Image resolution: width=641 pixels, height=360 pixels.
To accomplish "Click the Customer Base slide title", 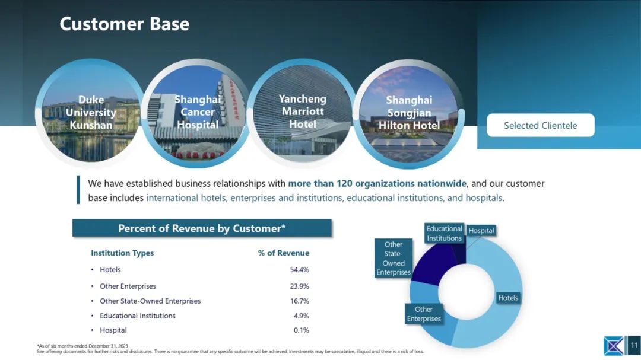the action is pos(124,24).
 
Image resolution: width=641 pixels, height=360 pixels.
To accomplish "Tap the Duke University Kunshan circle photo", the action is pos(90,112).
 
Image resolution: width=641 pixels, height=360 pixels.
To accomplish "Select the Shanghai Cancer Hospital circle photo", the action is pos(196,113).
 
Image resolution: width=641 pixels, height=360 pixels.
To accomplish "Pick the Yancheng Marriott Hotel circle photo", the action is pos(303,113).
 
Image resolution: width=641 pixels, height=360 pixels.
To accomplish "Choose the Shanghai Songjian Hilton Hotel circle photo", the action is pos(409,113).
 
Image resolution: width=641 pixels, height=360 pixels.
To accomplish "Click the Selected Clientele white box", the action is pos(541,126).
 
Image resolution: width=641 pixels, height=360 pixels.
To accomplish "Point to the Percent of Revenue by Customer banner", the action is pos(202,228).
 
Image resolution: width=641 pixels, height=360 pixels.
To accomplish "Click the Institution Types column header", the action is pos(122,253).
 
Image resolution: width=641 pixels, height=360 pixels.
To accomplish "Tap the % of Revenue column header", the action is pos(283,253).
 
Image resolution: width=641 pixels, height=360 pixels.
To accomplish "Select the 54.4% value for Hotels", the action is pos(299,270).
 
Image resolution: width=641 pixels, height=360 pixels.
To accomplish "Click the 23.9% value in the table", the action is pos(299,286).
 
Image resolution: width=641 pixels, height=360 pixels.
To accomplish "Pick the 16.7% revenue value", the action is pos(299,301).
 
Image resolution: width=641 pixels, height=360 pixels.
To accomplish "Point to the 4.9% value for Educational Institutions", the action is pos(302,316).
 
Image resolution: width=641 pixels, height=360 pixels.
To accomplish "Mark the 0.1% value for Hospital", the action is pos(302,330).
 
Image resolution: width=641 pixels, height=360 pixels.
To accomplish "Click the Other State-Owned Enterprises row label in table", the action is pos(150,301).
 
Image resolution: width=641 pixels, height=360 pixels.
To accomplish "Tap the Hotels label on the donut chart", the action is pos(508,298).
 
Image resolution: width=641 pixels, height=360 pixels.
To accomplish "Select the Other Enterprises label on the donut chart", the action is pos(424,314).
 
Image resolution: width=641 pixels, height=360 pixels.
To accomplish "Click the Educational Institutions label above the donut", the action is pos(445,233).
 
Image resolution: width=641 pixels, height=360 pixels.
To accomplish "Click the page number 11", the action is pos(634,345).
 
